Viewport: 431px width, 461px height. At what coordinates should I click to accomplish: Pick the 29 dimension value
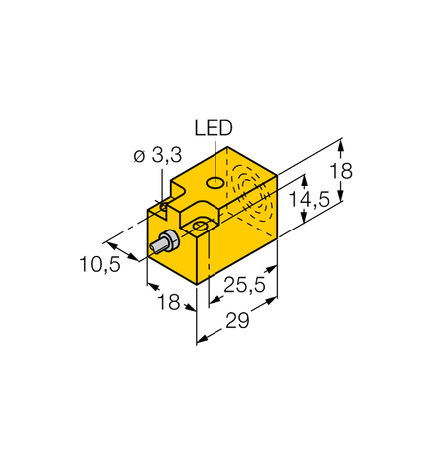pyautogui.click(x=237, y=322)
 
